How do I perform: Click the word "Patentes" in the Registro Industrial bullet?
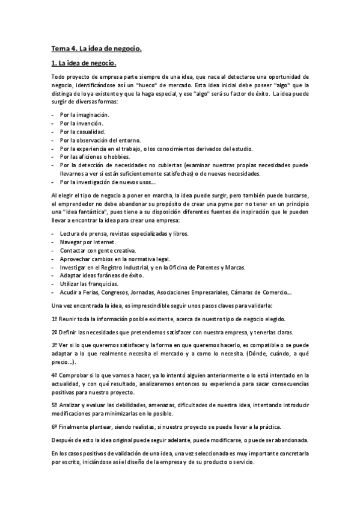point(221,267)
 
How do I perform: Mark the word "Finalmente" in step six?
point(75,426)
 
